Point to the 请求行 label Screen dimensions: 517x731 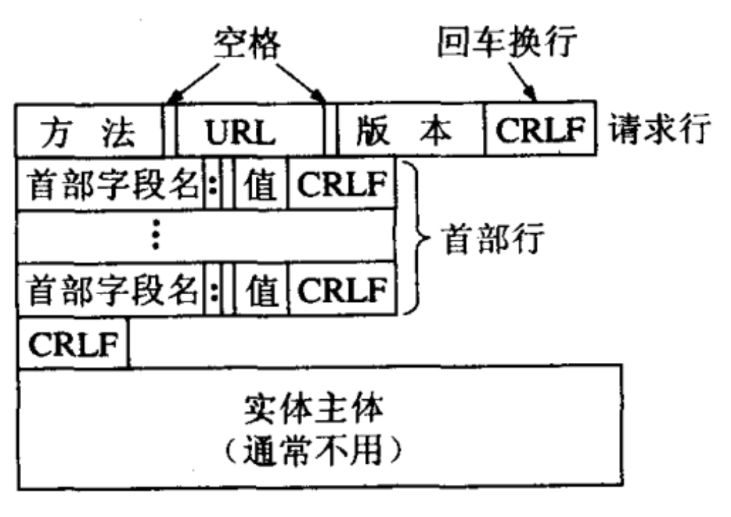point(660,131)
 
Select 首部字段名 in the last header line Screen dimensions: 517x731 point(113,288)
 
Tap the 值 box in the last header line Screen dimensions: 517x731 point(261,288)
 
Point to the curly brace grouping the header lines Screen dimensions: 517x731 point(413,238)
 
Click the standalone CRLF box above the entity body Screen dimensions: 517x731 point(73,343)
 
